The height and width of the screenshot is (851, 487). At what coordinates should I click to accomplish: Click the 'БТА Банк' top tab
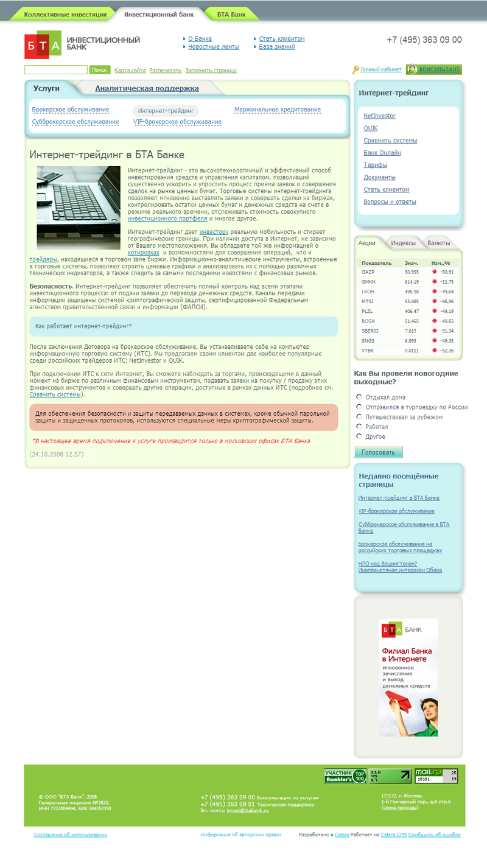(231, 14)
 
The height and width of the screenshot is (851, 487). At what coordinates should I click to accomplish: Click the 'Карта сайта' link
(130, 71)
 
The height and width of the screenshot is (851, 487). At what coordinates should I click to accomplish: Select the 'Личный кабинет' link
(380, 70)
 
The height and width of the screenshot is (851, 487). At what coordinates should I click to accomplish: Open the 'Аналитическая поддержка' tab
(147, 88)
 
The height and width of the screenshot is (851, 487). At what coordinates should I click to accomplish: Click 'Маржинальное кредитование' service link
(277, 110)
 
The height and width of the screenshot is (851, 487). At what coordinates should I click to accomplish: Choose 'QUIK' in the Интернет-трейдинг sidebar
(371, 128)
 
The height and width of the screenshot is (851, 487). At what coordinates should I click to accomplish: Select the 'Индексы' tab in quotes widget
(403, 243)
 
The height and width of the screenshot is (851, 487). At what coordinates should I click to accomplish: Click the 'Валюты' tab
(439, 243)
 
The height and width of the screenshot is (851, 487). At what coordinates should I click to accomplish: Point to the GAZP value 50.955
(412, 272)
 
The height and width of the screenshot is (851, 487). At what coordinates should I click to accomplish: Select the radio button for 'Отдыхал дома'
(359, 397)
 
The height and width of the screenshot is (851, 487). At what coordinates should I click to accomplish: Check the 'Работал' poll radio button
(359, 427)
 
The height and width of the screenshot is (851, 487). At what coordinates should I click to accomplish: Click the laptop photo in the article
(79, 208)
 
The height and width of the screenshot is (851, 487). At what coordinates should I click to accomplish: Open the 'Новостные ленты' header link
(213, 47)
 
